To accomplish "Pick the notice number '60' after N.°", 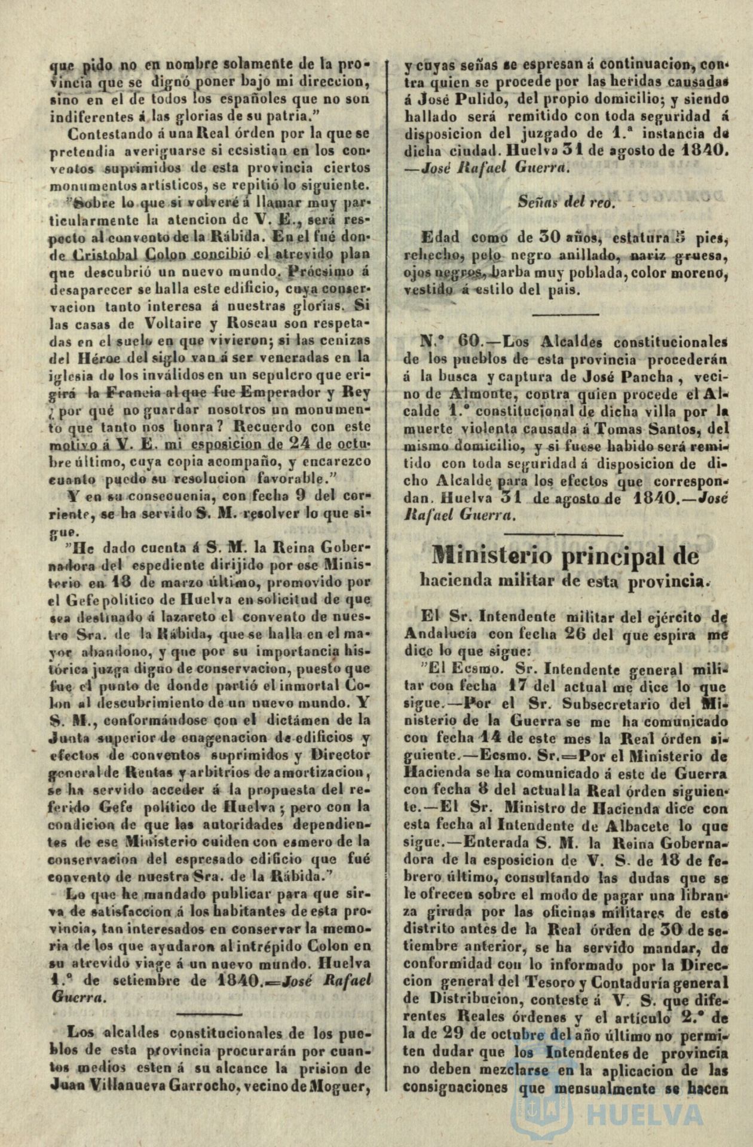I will coord(469,341).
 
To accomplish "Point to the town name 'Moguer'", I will coord(338,1085).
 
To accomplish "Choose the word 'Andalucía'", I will coord(440,634).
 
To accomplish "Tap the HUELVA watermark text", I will coord(645,1114).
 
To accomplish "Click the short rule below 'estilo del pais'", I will coord(565,314).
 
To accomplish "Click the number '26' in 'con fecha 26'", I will coord(575,634).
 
